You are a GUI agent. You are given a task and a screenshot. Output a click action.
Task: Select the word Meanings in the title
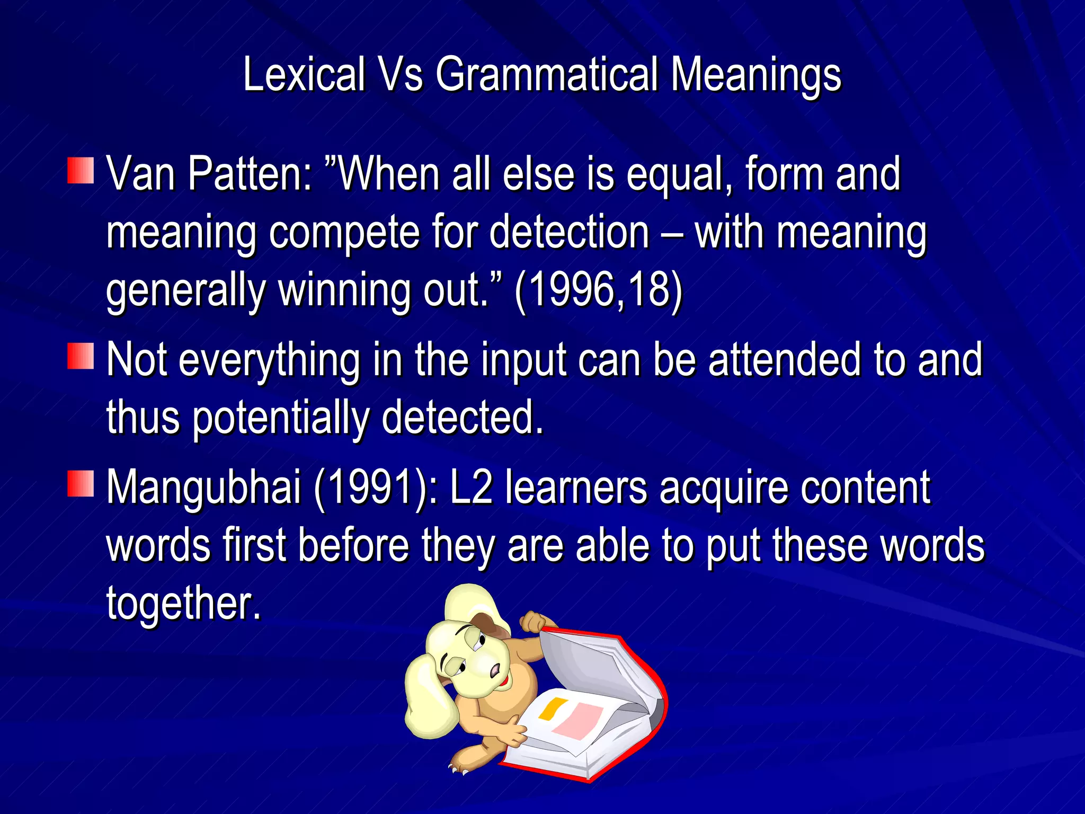[x=756, y=75]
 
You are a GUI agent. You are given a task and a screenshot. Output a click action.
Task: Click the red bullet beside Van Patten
[x=81, y=171]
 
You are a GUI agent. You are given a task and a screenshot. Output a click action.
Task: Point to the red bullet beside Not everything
[x=81, y=356]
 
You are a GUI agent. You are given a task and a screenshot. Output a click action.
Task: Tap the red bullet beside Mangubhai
[x=81, y=483]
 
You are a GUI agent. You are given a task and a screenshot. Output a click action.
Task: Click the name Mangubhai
[x=204, y=487]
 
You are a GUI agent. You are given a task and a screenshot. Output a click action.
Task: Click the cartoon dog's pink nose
[x=495, y=671]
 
